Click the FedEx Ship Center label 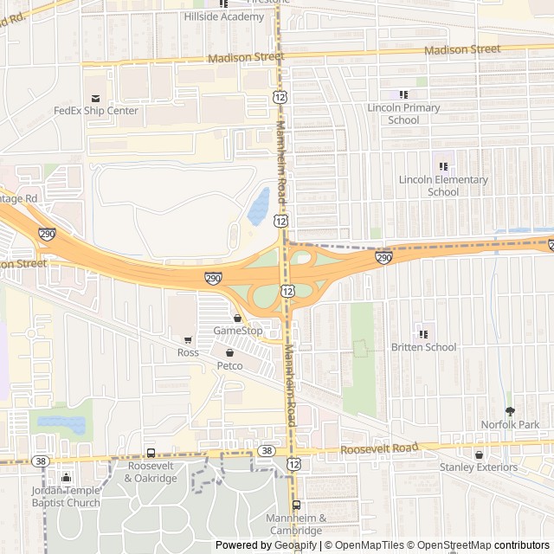pos(96,111)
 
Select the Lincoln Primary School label pos(403,113)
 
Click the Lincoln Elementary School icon pos(443,166)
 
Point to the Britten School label pos(423,347)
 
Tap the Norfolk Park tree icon pos(510,411)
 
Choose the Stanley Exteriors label pos(478,467)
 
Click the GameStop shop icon pos(237,318)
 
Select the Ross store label pos(188,352)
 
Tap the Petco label pos(229,366)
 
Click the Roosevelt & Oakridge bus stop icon pos(151,453)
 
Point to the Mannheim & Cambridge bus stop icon pos(296,506)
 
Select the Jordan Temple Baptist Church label pos(67,496)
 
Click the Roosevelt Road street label pos(378,448)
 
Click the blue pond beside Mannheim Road pos(258,206)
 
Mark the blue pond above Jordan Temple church pos(62,424)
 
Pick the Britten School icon pos(423,334)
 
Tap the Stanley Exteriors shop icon pos(478,454)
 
